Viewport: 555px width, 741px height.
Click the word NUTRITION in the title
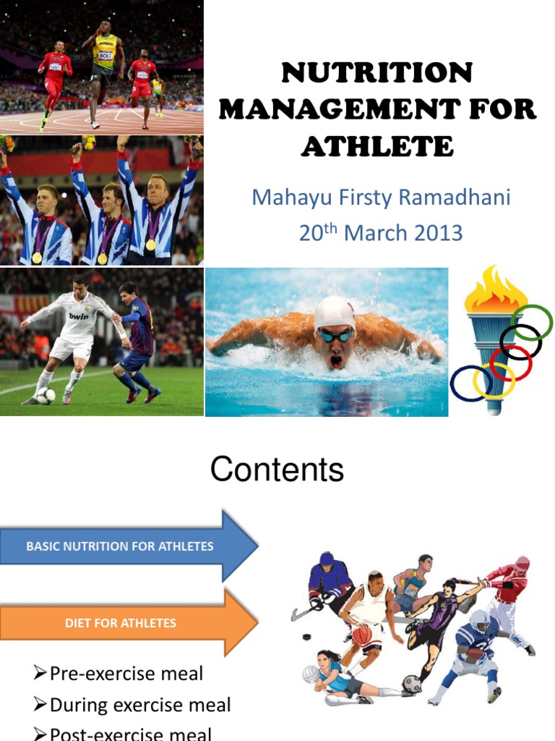pos(377,72)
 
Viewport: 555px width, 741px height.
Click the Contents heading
pos(277,470)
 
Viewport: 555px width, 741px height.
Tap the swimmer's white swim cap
pos(335,313)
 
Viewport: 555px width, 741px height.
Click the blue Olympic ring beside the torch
pos(470,384)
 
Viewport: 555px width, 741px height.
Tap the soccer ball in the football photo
pos(46,396)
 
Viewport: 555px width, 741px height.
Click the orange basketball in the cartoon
pos(362,634)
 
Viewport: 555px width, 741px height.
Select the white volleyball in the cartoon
pos(310,674)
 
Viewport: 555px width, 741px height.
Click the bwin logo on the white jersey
pos(78,316)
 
